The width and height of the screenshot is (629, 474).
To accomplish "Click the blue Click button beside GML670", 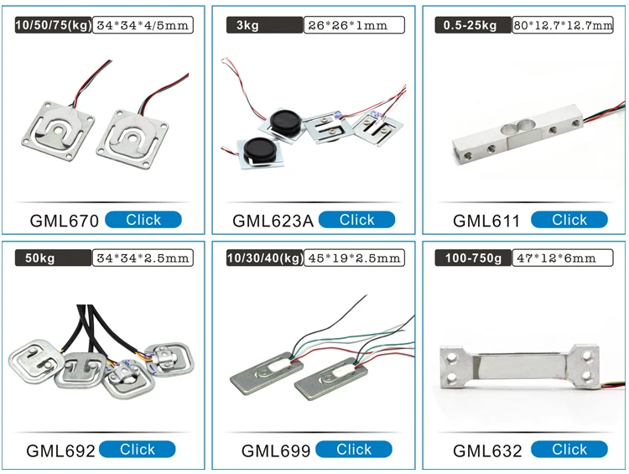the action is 143,220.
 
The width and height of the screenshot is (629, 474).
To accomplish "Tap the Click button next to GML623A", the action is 356,220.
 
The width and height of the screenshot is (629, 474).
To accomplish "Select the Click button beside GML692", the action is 137,450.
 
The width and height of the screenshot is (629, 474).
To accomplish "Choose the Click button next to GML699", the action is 354,450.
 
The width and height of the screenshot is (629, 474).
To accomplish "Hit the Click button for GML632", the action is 569,450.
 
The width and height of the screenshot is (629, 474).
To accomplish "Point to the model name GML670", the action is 65,221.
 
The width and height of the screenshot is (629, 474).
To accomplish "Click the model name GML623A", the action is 273,221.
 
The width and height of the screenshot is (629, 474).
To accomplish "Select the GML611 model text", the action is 486,221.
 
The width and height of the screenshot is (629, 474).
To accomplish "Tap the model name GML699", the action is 276,451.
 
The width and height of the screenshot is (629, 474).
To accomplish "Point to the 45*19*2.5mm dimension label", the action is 353,258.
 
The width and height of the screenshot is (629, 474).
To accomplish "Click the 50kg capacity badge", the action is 49,258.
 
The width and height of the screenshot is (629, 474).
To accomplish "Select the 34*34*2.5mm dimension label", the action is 143,258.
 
